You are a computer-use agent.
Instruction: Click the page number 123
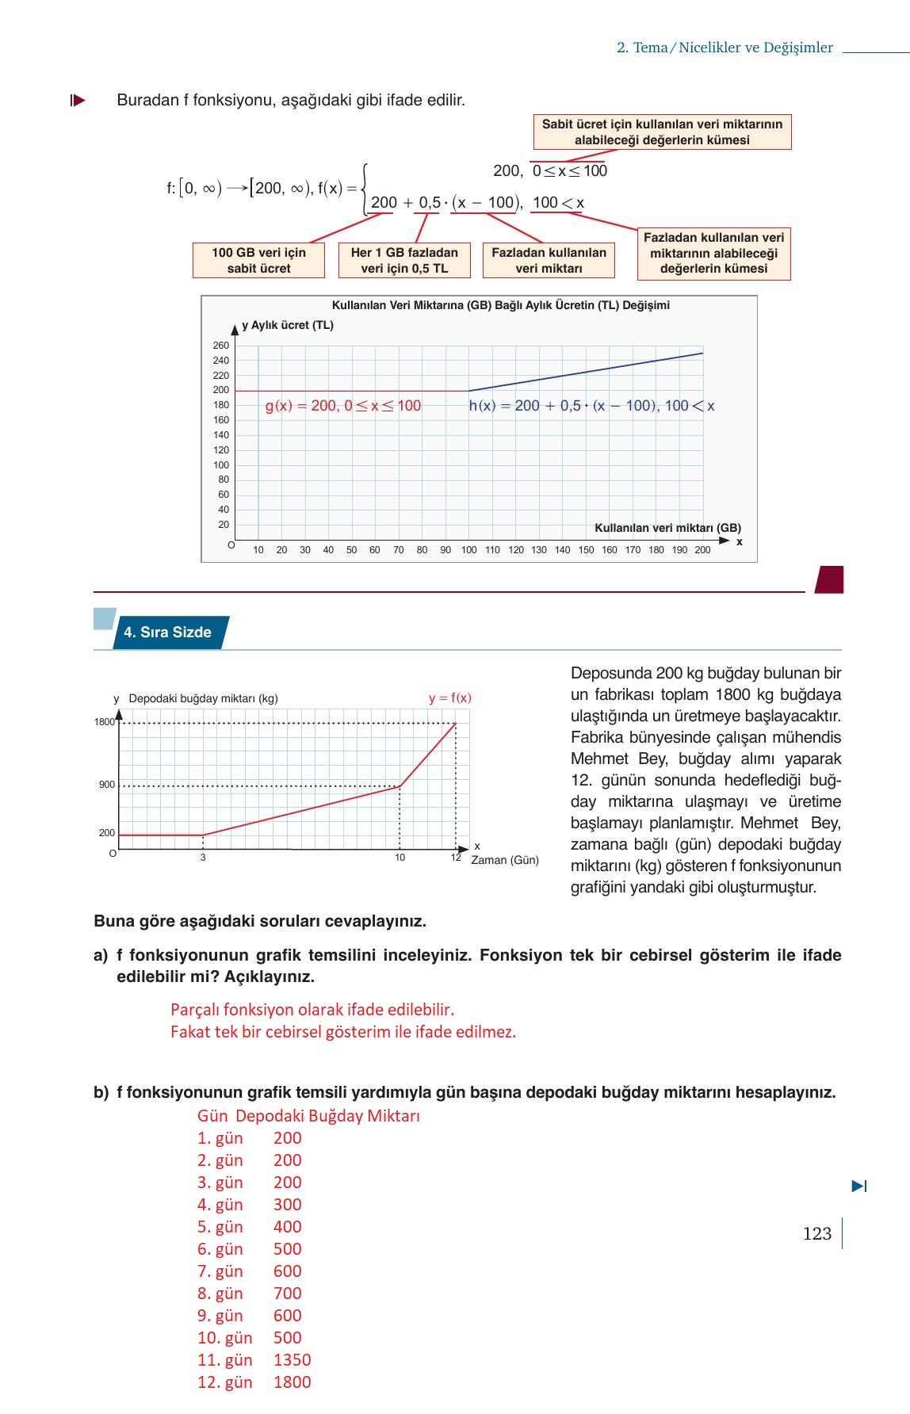point(816,1233)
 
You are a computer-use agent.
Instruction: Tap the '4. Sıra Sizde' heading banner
point(168,632)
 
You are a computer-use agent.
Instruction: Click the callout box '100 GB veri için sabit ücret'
point(258,260)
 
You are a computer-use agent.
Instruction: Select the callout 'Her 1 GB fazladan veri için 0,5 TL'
point(404,260)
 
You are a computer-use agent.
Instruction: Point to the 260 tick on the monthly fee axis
point(220,346)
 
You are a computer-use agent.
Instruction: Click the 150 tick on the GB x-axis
point(586,550)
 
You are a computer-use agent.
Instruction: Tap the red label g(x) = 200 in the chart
point(342,406)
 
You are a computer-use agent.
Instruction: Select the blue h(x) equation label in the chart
point(591,406)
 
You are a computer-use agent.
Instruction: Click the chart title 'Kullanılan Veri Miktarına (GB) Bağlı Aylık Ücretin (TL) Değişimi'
point(500,305)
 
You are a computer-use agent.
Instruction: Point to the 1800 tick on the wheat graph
point(105,722)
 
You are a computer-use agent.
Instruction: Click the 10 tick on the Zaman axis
point(400,858)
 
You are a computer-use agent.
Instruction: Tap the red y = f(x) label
point(449,698)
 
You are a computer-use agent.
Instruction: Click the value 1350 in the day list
point(292,1360)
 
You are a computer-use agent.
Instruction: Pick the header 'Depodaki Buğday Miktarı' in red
point(327,1116)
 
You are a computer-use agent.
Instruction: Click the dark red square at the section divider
point(829,579)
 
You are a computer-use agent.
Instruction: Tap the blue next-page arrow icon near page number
point(859,1187)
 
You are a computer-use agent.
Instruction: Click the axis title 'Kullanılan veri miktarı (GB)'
point(667,528)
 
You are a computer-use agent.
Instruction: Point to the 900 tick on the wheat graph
point(107,785)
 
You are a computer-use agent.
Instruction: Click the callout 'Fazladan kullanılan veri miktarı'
point(549,260)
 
